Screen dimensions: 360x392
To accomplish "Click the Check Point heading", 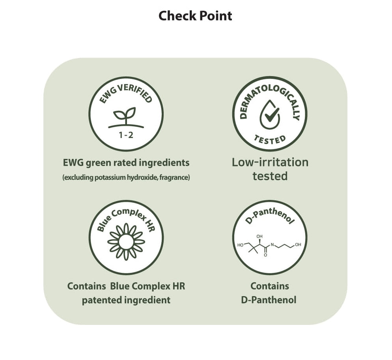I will pyautogui.click(x=195, y=16).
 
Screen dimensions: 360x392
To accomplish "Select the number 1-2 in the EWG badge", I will pyautogui.click(x=126, y=135).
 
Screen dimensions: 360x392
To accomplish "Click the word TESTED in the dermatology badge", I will pyautogui.click(x=270, y=139).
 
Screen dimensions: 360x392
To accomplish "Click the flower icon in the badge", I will pyautogui.click(x=126, y=241).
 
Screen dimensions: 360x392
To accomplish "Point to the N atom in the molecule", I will pyautogui.click(x=272, y=245).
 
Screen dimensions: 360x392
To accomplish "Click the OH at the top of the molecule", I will pyautogui.click(x=259, y=237).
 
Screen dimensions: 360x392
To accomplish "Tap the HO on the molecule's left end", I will pyautogui.click(x=240, y=245).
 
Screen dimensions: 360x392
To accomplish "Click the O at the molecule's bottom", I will pyautogui.click(x=265, y=255).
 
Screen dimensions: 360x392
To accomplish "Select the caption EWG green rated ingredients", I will pyautogui.click(x=126, y=162).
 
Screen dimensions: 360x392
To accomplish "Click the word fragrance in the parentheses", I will pyautogui.click(x=175, y=177).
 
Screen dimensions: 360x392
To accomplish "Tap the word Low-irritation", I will pyautogui.click(x=270, y=162).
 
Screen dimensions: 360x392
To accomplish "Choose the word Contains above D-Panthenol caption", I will pyautogui.click(x=270, y=286).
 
